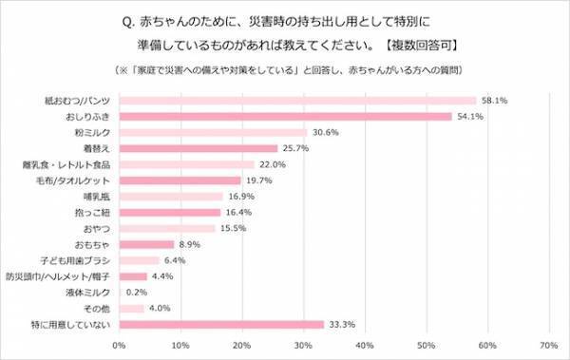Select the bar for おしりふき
click(x=285, y=117)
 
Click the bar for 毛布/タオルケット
click(x=180, y=180)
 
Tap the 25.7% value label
click(x=296, y=148)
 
